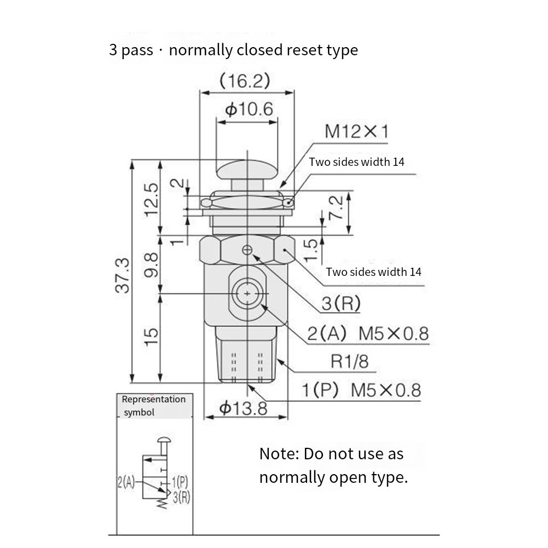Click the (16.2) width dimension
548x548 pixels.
pyautogui.click(x=245, y=81)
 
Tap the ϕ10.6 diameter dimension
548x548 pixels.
pyautogui.click(x=249, y=109)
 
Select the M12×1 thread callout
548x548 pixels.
pyautogui.click(x=356, y=132)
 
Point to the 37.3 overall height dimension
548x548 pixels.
pyautogui.click(x=123, y=275)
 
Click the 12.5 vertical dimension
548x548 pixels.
pyautogui.click(x=152, y=200)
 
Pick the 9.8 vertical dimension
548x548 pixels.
pyautogui.click(x=151, y=266)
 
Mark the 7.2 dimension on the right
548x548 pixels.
pyautogui.click(x=336, y=207)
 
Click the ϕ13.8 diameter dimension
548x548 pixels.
pyautogui.click(x=243, y=408)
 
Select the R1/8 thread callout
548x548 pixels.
pyautogui.click(x=349, y=361)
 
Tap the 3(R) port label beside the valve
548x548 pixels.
pyautogui.click(x=341, y=303)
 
